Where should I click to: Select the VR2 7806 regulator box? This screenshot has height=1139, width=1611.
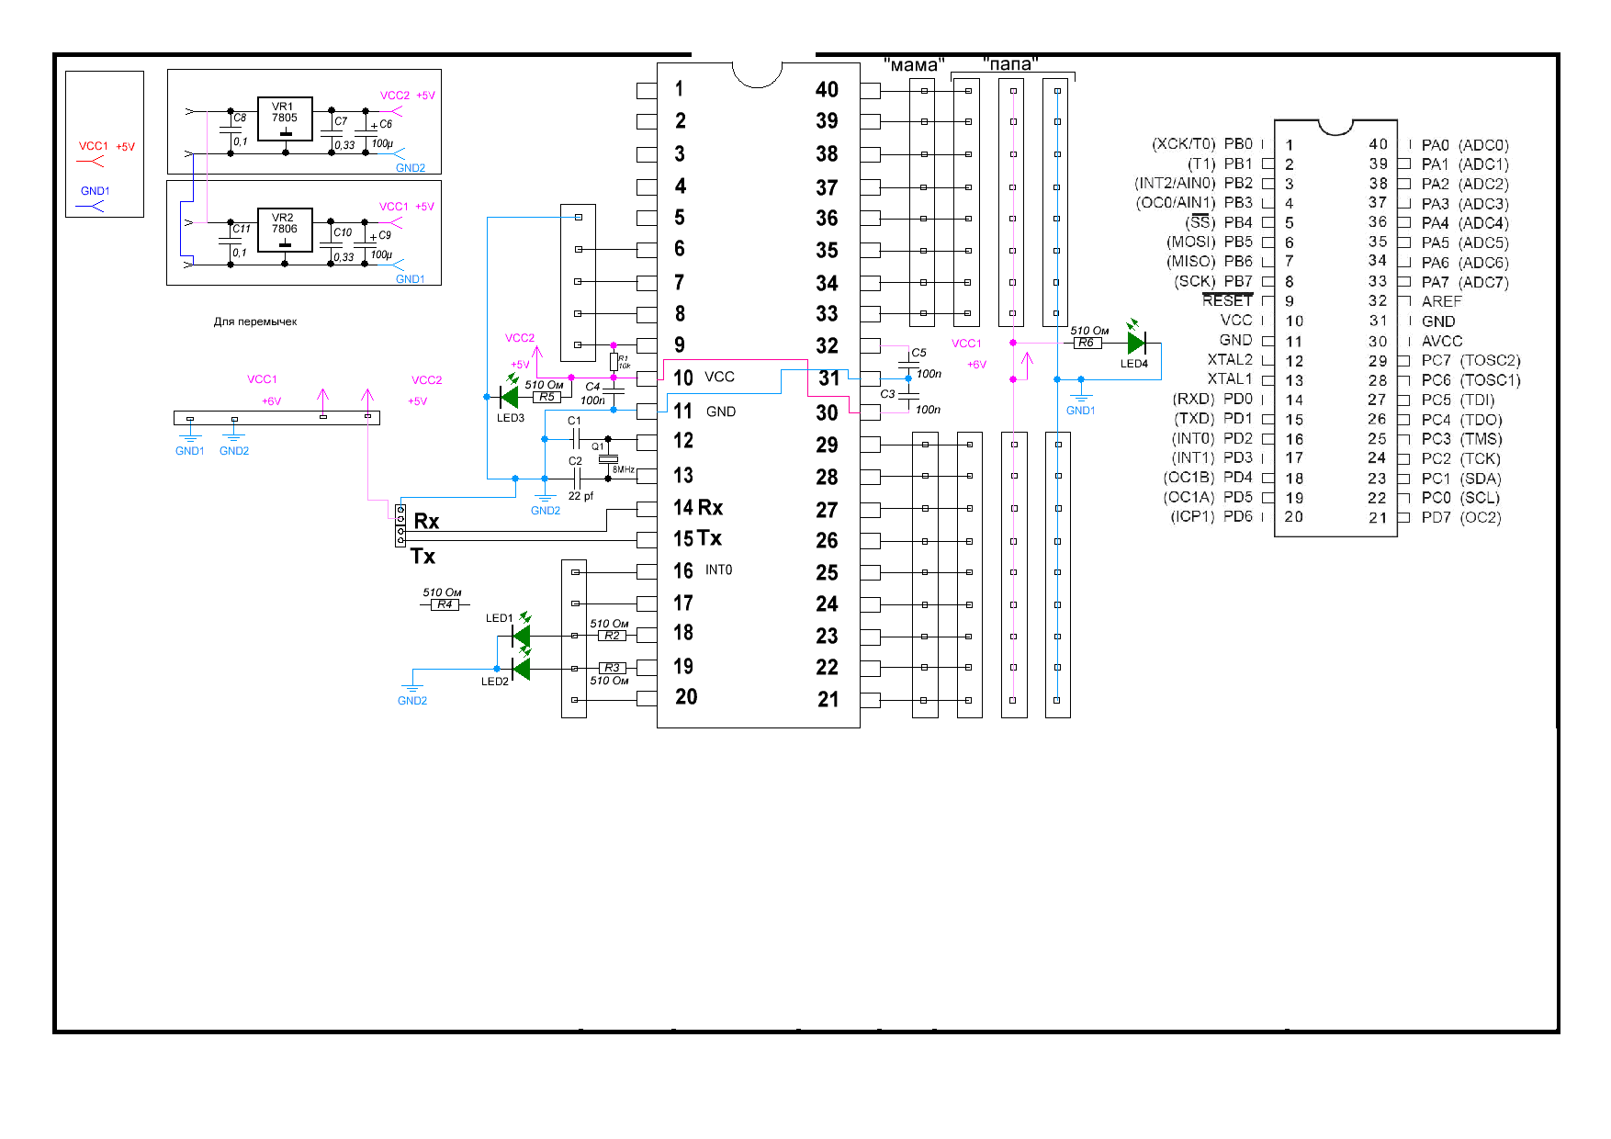click(x=285, y=231)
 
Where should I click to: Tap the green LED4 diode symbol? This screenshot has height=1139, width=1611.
click(x=1136, y=343)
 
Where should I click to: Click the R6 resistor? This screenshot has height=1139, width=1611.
click(x=1087, y=343)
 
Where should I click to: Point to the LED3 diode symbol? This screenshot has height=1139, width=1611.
click(x=508, y=397)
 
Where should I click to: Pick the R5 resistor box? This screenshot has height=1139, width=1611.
click(x=546, y=397)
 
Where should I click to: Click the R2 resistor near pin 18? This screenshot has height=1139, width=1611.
click(x=612, y=636)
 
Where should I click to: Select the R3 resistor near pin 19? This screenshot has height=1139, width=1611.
click(x=612, y=668)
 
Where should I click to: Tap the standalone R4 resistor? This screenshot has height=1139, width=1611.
click(x=445, y=604)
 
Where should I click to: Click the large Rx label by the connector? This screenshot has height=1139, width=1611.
click(x=426, y=522)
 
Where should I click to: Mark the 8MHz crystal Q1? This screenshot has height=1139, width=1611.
click(x=608, y=457)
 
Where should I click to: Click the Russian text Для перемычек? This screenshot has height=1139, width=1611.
click(x=255, y=322)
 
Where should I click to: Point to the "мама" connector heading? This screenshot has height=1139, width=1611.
click(x=914, y=65)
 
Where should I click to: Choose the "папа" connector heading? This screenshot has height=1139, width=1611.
click(x=1010, y=64)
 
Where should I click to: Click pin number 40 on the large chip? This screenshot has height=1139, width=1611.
click(x=827, y=90)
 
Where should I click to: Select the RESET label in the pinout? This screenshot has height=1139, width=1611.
click(x=1227, y=301)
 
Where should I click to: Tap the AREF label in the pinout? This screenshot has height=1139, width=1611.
click(x=1441, y=301)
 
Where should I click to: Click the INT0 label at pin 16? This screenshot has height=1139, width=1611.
click(x=718, y=570)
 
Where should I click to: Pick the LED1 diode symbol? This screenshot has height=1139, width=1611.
click(x=521, y=635)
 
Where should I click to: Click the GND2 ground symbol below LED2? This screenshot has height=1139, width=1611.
click(x=412, y=689)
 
